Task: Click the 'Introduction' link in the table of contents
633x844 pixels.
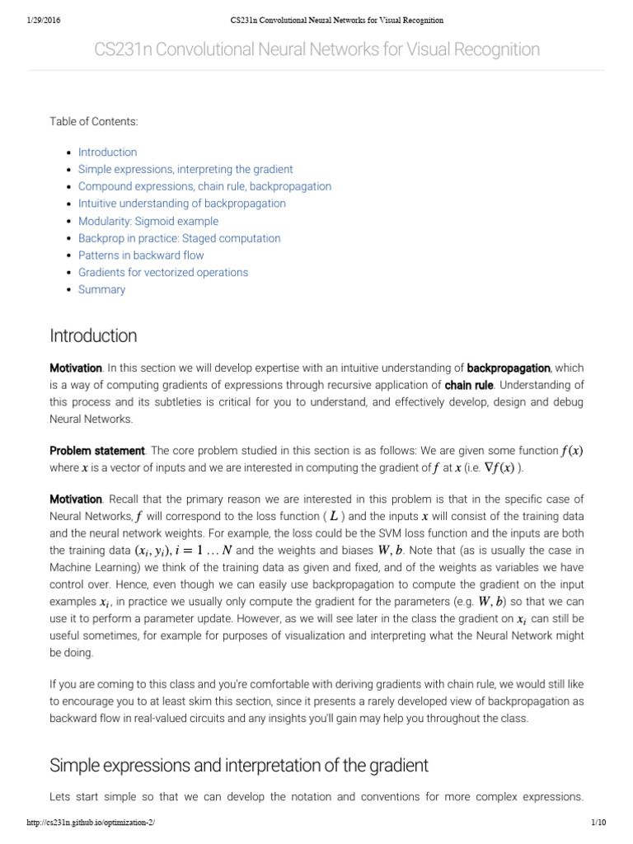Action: (107, 152)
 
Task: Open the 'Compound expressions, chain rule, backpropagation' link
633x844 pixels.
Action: (204, 186)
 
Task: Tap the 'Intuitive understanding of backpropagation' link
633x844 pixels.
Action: (182, 204)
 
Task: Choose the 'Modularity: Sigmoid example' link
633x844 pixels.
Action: (148, 221)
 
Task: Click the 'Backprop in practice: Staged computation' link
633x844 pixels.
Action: (179, 238)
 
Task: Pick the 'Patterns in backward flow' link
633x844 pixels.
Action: (141, 256)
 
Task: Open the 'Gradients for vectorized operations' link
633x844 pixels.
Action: (163, 273)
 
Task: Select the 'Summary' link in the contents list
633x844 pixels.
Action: (101, 290)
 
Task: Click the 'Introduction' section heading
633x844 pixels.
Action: (93, 336)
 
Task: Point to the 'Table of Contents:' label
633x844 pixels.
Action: (94, 122)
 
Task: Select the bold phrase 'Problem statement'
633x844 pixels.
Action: (97, 451)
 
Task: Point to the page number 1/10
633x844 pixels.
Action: (598, 823)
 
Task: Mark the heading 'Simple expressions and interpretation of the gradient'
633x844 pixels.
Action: (239, 766)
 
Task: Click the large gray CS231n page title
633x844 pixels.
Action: (316, 50)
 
